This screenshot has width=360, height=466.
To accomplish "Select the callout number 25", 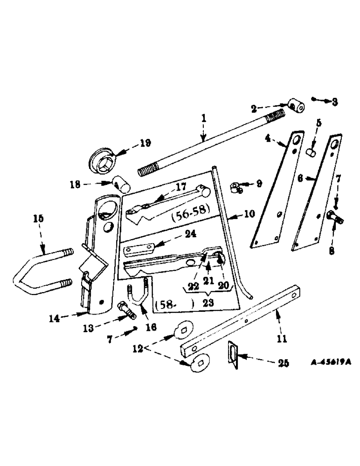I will tap(277, 361).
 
